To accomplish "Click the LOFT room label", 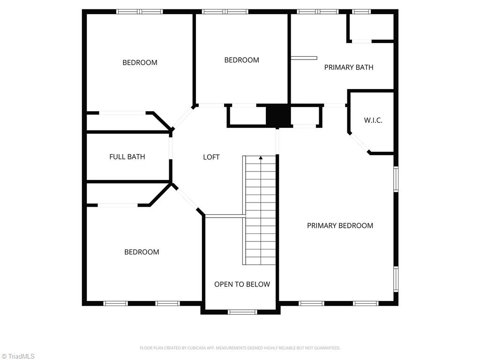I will coord(211,157).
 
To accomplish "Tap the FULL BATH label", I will coord(127,157).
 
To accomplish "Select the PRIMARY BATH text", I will coord(349,67).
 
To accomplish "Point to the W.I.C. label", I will coord(373,120).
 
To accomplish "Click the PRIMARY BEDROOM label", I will coord(340,225).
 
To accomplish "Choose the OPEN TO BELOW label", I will coord(242,284).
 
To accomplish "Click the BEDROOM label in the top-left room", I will coord(140,62).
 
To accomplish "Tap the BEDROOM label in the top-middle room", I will coord(241,60).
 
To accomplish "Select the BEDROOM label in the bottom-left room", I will coord(142,252).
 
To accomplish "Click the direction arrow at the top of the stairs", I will coord(261,158).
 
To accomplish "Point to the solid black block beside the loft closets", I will coord(277,115).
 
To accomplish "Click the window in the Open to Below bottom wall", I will coord(242,312).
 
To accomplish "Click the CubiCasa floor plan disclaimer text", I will coord(240,348).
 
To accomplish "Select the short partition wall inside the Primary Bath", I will coord(304,58).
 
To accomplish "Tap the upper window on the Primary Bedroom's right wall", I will coord(396,180).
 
